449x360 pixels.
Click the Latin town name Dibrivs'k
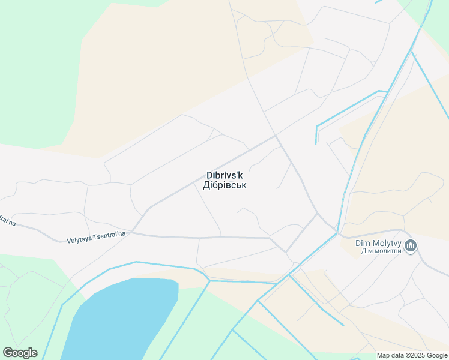tap(224, 175)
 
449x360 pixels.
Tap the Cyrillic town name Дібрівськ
tap(224, 185)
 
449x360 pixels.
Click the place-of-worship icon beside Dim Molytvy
tap(411, 245)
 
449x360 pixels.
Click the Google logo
tap(20, 353)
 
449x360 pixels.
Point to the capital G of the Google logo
tap(8, 353)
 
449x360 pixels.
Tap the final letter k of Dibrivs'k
tap(240, 175)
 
